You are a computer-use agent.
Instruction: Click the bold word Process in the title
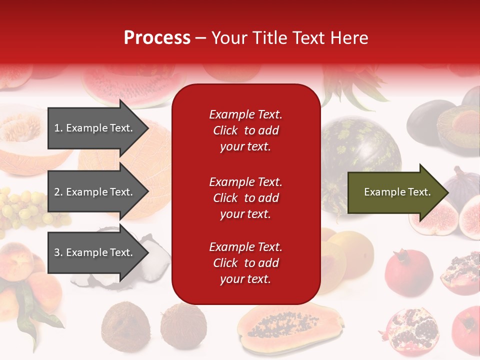157,38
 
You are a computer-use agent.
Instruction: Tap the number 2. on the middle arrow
58,192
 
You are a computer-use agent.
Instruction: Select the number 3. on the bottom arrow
58,252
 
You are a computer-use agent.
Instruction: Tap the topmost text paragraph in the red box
246,130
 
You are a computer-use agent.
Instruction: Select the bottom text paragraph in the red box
246,263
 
